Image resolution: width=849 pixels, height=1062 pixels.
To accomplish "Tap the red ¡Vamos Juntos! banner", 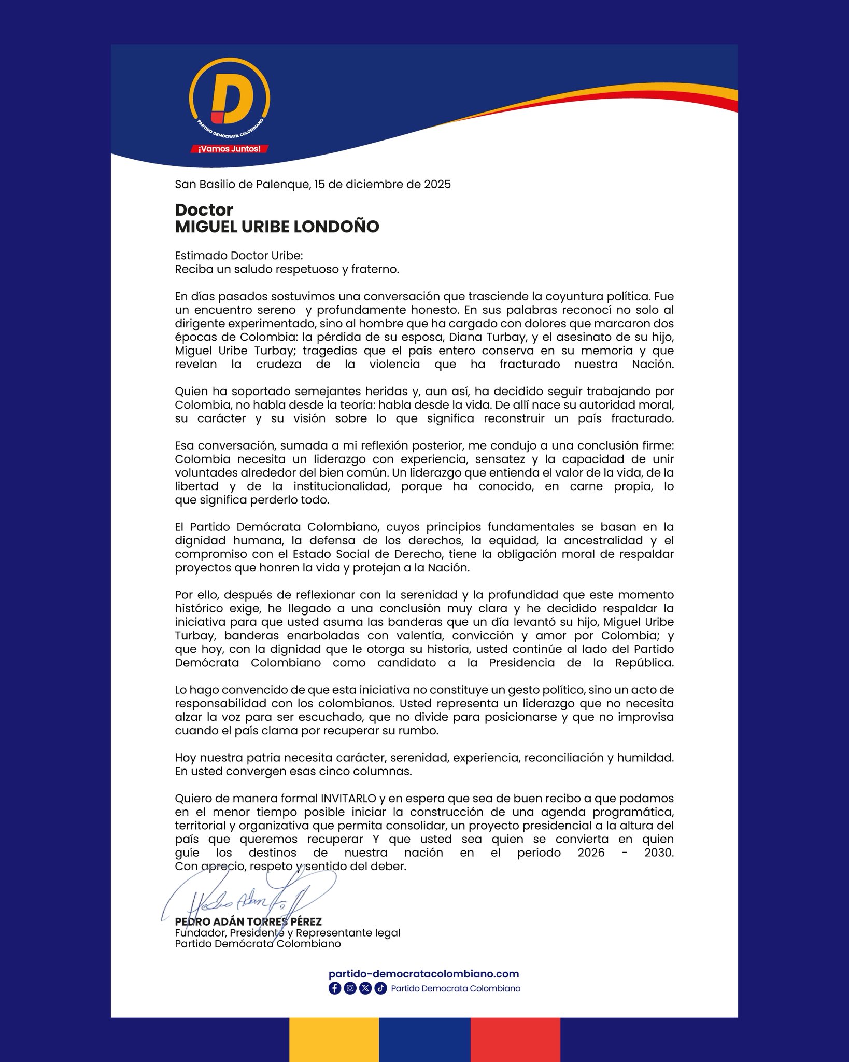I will [229, 149].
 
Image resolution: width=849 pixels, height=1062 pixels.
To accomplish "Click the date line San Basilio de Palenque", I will [313, 184].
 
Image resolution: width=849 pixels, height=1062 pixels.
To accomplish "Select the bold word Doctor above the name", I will [204, 210].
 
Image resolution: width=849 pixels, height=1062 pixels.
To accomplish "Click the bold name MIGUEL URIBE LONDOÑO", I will [277, 227].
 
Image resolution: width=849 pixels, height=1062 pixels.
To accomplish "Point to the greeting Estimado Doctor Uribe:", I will [239, 256].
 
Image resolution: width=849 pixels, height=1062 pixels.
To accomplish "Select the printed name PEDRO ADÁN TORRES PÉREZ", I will [248, 922].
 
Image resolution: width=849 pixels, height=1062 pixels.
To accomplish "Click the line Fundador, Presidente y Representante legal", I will [288, 933].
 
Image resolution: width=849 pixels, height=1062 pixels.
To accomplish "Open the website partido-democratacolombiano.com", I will [423, 974].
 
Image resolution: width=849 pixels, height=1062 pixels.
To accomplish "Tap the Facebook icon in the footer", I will [334, 988].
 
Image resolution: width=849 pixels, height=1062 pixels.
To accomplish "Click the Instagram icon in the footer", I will [350, 988].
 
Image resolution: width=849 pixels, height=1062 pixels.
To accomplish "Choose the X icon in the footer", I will [365, 988].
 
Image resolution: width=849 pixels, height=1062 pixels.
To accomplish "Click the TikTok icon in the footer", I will [380, 988].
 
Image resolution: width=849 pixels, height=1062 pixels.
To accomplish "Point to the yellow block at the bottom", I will [334, 1040].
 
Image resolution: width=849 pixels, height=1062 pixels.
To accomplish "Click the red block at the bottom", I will [515, 1040].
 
